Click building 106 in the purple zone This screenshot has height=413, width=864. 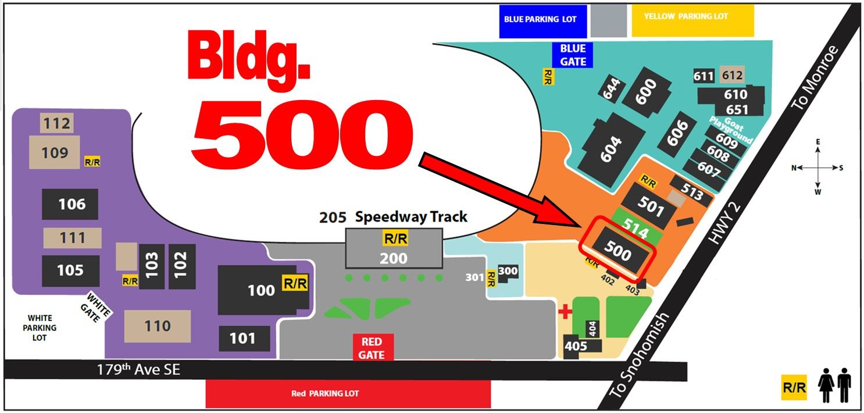coord(70,204)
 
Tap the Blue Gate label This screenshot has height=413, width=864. coord(572,55)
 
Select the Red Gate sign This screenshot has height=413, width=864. coord(372,347)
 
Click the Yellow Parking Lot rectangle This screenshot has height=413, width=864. coord(692,21)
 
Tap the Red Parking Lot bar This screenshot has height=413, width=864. coord(348,394)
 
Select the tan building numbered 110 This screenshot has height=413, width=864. coord(158,326)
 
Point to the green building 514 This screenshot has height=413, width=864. coord(635,232)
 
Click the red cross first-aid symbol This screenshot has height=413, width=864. coord(565,312)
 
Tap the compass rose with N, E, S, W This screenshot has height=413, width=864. coord(817,168)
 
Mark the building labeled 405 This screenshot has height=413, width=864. coord(576,346)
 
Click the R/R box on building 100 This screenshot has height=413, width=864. coord(294,283)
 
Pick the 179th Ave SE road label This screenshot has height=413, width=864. coord(140,369)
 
